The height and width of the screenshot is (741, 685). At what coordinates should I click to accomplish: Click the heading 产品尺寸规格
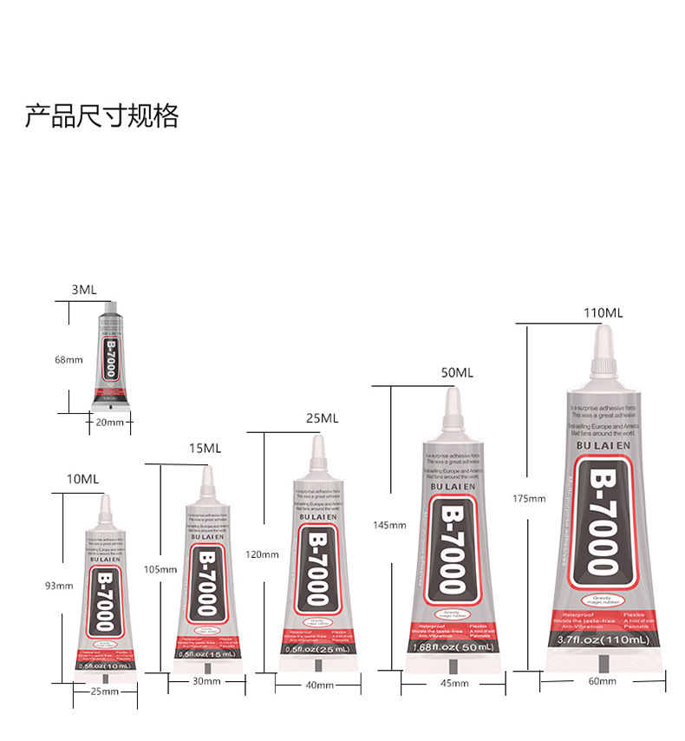[x=101, y=115]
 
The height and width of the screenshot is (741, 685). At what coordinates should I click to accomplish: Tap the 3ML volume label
[x=84, y=290]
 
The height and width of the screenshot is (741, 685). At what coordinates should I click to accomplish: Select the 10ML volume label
[x=83, y=479]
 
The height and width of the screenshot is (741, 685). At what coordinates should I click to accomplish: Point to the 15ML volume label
[x=205, y=448]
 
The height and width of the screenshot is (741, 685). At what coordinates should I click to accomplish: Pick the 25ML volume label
[x=322, y=417]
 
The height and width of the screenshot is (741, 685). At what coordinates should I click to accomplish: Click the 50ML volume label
[x=457, y=373]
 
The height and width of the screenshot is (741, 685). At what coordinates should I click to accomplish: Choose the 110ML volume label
[x=603, y=312]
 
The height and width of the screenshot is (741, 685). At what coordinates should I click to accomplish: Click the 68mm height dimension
[x=68, y=359]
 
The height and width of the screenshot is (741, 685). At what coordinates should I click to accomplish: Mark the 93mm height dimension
[x=58, y=586]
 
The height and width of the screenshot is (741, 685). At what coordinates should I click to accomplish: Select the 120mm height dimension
[x=262, y=554]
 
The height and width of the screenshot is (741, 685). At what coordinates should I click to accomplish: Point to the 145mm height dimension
[x=389, y=525]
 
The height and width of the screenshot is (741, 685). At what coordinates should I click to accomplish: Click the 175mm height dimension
[x=530, y=498]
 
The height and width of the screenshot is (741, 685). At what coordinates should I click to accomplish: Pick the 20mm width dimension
[x=109, y=423]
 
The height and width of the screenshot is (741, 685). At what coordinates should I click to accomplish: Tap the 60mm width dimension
[x=602, y=681]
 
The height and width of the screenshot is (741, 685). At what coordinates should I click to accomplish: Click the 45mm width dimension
[x=453, y=684]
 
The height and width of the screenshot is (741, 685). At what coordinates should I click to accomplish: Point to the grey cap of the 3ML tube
[x=110, y=310]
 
